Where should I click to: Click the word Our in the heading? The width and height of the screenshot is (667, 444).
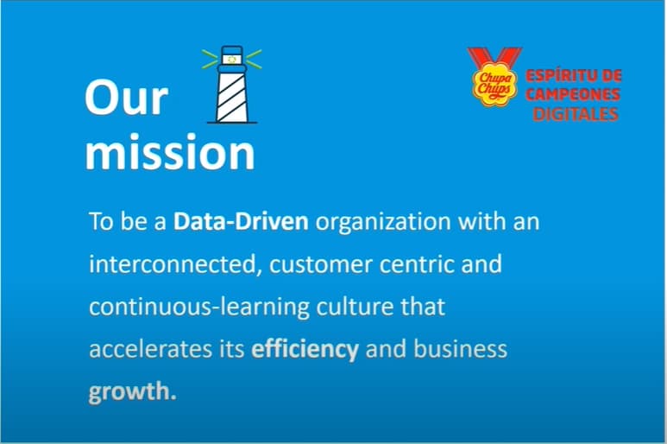pos(126,98)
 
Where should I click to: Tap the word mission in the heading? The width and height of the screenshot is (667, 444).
pos(170,151)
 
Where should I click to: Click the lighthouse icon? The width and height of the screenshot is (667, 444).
pos(232,85)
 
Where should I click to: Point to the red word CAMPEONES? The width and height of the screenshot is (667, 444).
pos(573,94)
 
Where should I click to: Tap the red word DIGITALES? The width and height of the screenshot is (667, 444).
pos(576,114)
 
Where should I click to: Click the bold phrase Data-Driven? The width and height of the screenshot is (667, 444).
pos(241,221)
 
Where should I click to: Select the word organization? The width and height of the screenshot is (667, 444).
pos(383,222)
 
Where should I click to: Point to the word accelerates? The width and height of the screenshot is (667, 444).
pos(151,350)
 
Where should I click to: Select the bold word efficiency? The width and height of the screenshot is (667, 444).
pos(305,350)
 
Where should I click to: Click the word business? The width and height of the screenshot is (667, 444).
pos(460,349)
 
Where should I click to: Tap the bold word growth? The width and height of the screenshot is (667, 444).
pos(132,392)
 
